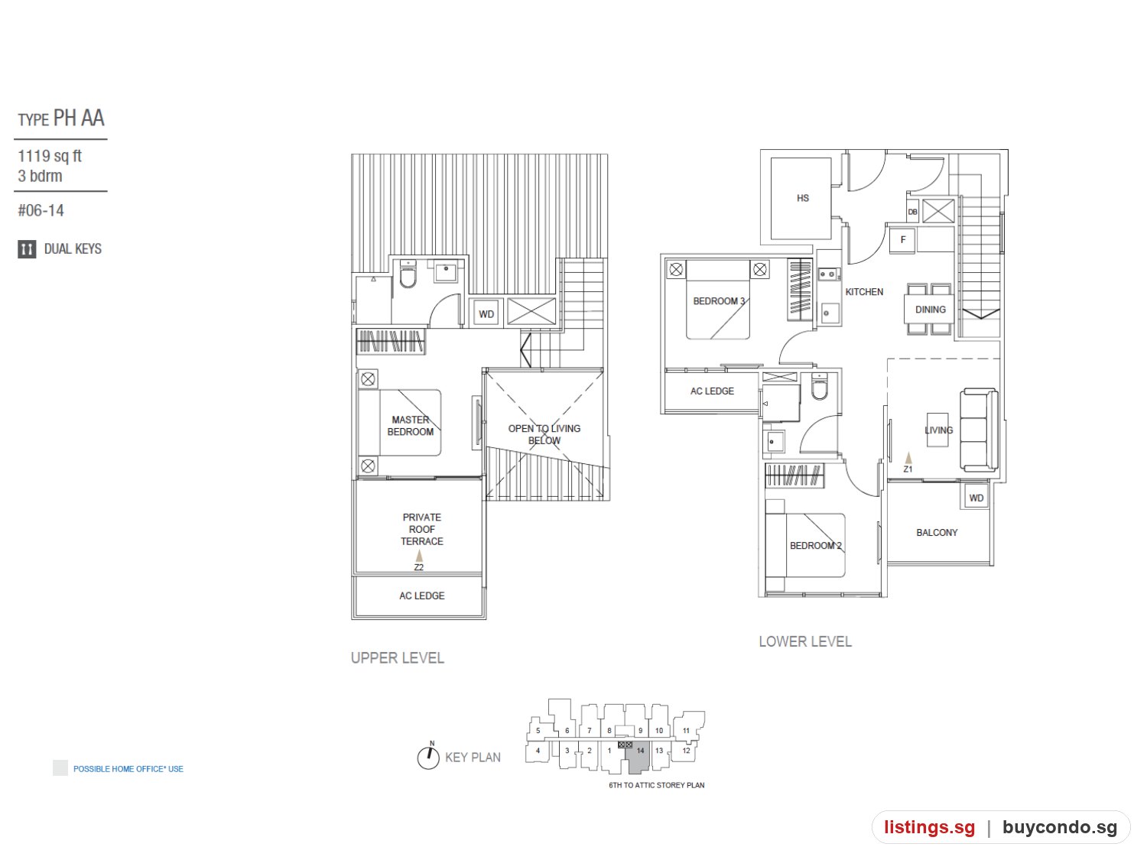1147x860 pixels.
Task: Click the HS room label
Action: pyautogui.click(x=803, y=198)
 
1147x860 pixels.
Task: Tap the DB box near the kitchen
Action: pyautogui.click(x=912, y=212)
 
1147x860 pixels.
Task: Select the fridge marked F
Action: pyautogui.click(x=902, y=240)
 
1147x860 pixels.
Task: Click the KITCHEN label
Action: pyautogui.click(x=864, y=292)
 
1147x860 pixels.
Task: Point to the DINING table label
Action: pyautogui.click(x=930, y=309)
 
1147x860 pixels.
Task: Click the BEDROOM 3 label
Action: pyautogui.click(x=719, y=300)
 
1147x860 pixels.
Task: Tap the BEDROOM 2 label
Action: pyautogui.click(x=816, y=545)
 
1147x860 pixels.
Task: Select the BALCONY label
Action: pyautogui.click(x=937, y=532)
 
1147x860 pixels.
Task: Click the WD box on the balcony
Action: pyautogui.click(x=976, y=497)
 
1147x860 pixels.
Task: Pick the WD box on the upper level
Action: pyautogui.click(x=486, y=313)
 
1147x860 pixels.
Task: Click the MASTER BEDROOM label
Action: pyautogui.click(x=410, y=426)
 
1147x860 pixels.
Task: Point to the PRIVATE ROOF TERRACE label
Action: pyautogui.click(x=421, y=529)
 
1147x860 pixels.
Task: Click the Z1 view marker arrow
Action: pyautogui.click(x=908, y=457)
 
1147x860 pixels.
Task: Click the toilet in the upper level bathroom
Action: pyautogui.click(x=408, y=274)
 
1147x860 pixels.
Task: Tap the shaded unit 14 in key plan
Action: pyautogui.click(x=638, y=757)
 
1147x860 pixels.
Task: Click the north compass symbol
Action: pyautogui.click(x=428, y=757)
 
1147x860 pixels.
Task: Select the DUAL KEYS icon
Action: pyautogui.click(x=27, y=249)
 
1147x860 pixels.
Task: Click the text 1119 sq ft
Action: pyautogui.click(x=50, y=156)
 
